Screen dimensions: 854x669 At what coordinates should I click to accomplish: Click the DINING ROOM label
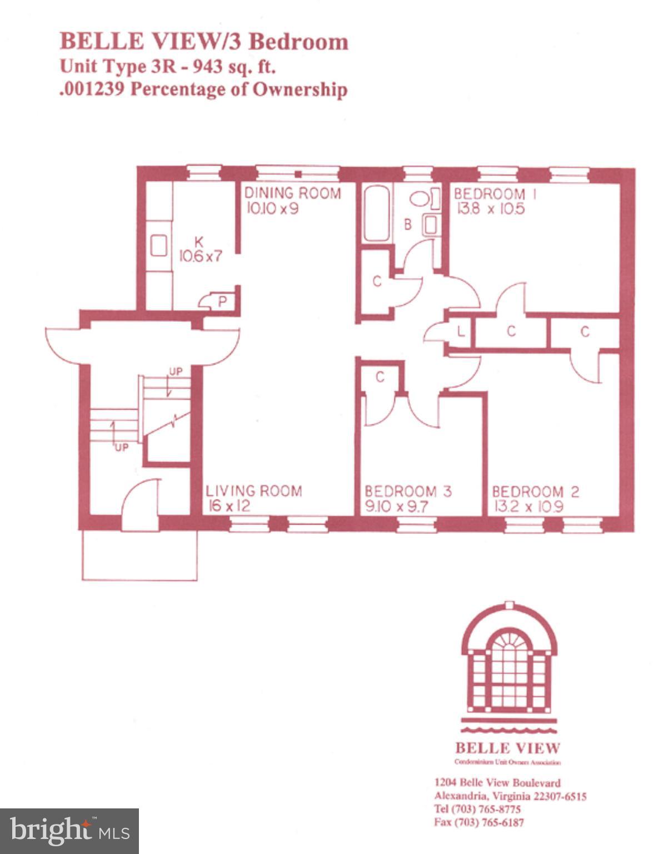click(x=292, y=193)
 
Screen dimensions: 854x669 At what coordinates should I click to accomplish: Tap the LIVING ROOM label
click(x=253, y=491)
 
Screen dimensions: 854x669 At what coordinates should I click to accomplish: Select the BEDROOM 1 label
click(x=489, y=194)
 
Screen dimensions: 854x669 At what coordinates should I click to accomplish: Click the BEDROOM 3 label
click(x=408, y=491)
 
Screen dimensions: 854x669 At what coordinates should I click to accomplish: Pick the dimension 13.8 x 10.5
click(x=490, y=209)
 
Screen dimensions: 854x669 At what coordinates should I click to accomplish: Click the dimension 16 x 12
click(x=229, y=506)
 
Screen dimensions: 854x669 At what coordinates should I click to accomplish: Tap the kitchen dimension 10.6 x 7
click(x=199, y=256)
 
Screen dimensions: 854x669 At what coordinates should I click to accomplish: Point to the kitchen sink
click(x=159, y=245)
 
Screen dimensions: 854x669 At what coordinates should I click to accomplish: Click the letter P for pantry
click(x=222, y=302)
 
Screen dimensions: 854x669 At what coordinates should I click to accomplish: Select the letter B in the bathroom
click(x=407, y=225)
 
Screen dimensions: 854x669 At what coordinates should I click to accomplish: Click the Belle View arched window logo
click(x=508, y=659)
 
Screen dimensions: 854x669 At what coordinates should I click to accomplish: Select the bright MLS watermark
click(x=69, y=831)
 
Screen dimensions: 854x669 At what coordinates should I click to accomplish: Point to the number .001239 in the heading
click(x=92, y=90)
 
